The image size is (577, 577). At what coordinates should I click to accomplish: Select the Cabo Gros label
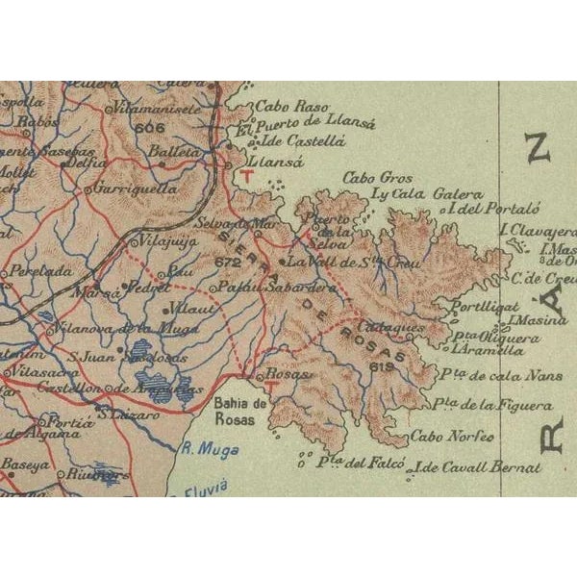378,178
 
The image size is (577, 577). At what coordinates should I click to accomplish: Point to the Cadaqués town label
395,328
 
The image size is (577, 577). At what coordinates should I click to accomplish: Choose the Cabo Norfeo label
451,437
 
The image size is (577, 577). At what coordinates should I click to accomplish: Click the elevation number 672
228,261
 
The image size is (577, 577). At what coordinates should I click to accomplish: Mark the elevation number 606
151,127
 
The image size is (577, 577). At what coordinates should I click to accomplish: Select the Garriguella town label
136,189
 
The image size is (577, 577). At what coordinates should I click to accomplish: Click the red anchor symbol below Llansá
248,176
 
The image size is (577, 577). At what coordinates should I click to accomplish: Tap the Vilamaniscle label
155,110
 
